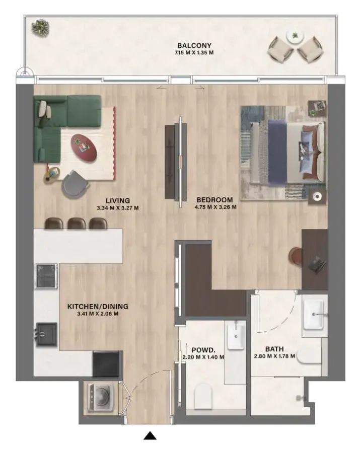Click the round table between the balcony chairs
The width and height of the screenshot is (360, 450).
294,37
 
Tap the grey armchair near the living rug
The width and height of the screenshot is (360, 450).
75,183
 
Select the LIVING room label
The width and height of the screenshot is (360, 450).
117,200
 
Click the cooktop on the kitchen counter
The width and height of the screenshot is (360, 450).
46,275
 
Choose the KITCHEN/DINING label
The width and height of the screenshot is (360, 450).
98,306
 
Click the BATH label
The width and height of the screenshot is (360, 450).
274,349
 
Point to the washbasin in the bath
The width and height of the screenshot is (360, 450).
315,314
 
